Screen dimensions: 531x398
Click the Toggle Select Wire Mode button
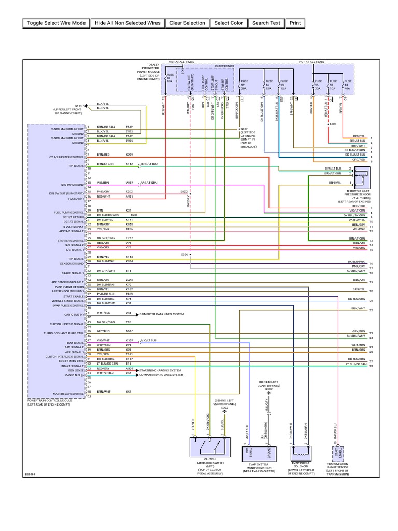coord(56,23)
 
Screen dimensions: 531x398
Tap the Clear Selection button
coord(187,23)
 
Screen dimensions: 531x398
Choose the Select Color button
coord(228,23)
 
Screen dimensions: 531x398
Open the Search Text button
coord(266,23)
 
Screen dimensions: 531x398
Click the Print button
coord(295,23)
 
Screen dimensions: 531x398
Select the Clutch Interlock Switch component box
coord(208,446)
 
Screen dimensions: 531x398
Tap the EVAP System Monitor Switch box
coord(257,452)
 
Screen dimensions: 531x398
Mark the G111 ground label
coord(78,106)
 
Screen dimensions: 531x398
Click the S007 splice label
coord(244,129)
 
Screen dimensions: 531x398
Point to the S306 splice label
coord(184,254)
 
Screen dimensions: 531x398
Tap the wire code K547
coord(129,330)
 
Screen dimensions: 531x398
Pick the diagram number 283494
coord(30,473)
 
